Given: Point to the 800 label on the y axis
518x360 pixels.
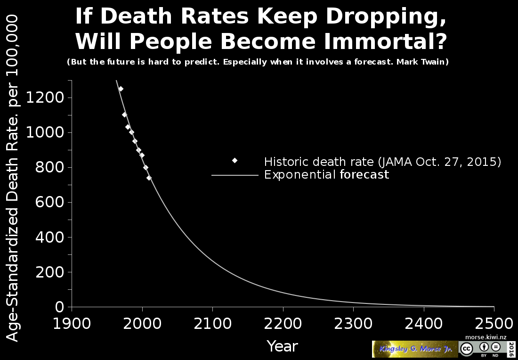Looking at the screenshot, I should (49, 168).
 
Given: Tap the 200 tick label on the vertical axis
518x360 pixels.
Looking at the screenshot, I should (49, 272).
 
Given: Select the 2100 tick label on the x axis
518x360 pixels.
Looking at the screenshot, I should (212, 324).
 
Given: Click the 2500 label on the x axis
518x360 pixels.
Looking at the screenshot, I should (494, 324).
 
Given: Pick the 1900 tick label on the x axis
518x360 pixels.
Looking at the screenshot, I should (72, 324).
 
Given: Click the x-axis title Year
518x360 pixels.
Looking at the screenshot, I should (282, 346).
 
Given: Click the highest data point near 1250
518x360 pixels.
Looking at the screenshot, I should (121, 89).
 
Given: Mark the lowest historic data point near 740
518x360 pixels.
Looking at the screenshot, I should (149, 178).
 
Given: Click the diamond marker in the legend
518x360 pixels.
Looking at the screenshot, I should (235, 161).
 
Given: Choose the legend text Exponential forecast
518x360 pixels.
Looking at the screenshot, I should (326, 175).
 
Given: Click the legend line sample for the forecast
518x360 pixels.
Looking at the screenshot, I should (235, 175).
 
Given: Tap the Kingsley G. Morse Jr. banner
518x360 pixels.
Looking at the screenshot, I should (414, 349).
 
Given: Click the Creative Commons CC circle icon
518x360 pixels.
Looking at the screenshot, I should (466, 349).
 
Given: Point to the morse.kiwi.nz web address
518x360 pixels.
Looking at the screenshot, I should (486, 337).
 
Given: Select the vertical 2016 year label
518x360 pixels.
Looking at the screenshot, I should (511, 349).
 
